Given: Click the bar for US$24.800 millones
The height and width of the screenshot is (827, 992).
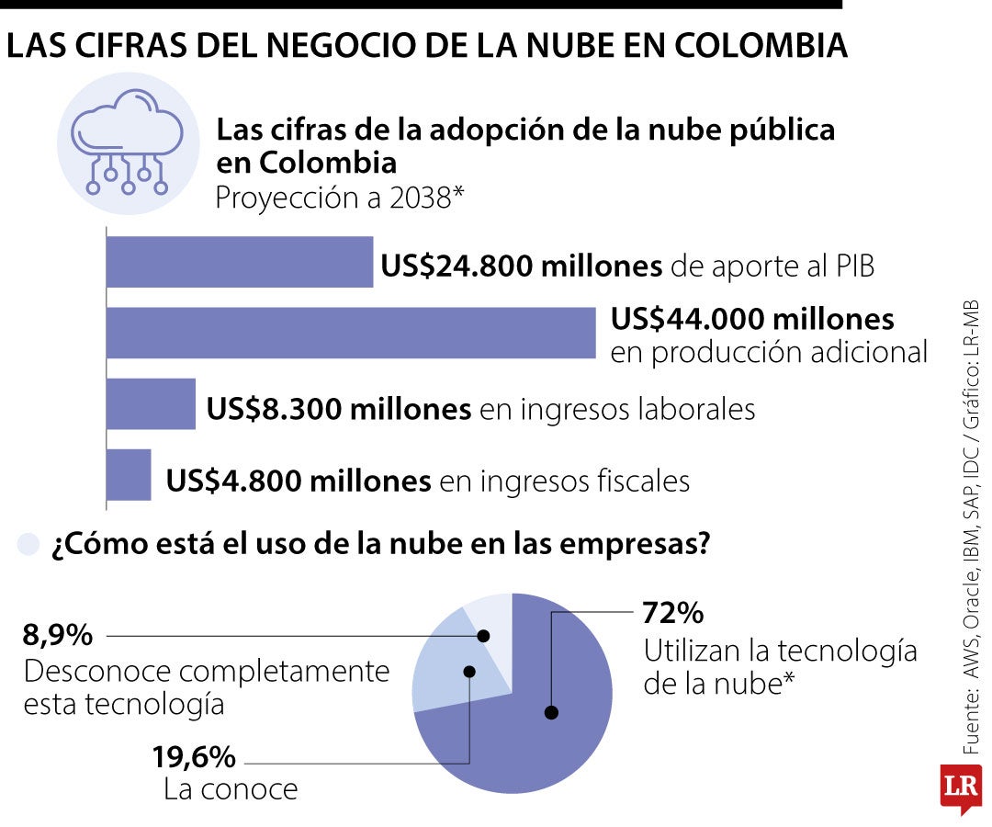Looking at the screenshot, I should tap(240, 262).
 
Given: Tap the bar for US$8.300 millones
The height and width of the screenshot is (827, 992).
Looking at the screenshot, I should tap(152, 403).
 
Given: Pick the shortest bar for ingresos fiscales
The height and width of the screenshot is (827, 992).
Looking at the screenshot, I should tap(129, 474).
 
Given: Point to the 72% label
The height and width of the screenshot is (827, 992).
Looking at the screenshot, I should tap(673, 612).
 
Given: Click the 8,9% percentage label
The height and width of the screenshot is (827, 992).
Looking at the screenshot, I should tap(58, 634).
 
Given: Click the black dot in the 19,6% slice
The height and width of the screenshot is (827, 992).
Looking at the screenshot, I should tap(469, 672).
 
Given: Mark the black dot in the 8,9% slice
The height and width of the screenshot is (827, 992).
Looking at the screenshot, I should tap(484, 635).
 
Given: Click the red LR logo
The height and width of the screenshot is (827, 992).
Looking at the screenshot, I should tap(960, 787).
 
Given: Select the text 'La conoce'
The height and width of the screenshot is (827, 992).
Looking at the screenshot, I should tap(231, 789).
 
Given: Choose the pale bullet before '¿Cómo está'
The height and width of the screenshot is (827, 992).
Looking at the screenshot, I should tap(29, 544).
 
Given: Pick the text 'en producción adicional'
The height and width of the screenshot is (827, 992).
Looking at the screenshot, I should tap(769, 353).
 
